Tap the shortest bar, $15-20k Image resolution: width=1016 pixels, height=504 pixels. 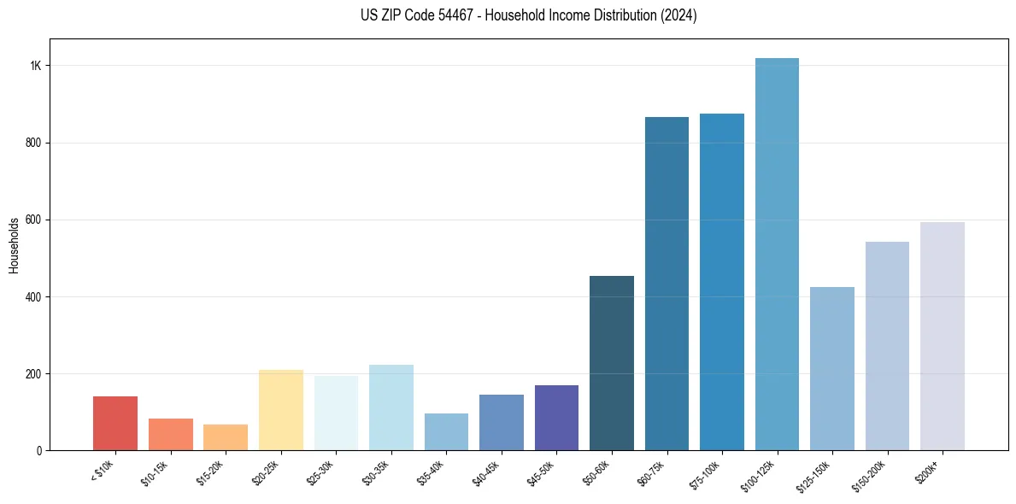(x=226, y=437)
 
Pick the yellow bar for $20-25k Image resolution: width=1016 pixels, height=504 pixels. (x=280, y=410)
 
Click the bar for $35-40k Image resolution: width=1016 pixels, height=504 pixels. (x=446, y=431)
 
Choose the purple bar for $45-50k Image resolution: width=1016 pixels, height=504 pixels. (x=556, y=418)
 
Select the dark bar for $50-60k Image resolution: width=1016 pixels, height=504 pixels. (x=612, y=363)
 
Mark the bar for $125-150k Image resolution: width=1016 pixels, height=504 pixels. (x=832, y=368)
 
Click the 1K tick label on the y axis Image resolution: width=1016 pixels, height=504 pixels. (x=36, y=66)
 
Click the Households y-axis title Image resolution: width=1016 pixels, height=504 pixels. (x=14, y=245)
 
